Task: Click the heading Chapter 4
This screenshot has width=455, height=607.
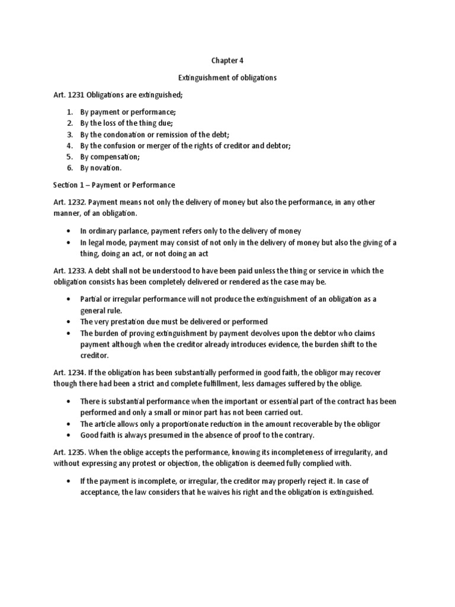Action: (x=227, y=60)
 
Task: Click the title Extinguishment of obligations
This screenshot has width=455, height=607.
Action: (x=227, y=78)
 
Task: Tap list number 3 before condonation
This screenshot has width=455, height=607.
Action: (x=69, y=135)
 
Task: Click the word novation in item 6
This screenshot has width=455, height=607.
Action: (x=107, y=168)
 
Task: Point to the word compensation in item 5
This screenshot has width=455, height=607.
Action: (x=116, y=156)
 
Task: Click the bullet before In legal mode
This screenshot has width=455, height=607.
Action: (x=69, y=242)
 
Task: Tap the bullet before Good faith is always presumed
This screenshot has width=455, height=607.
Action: (x=69, y=435)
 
